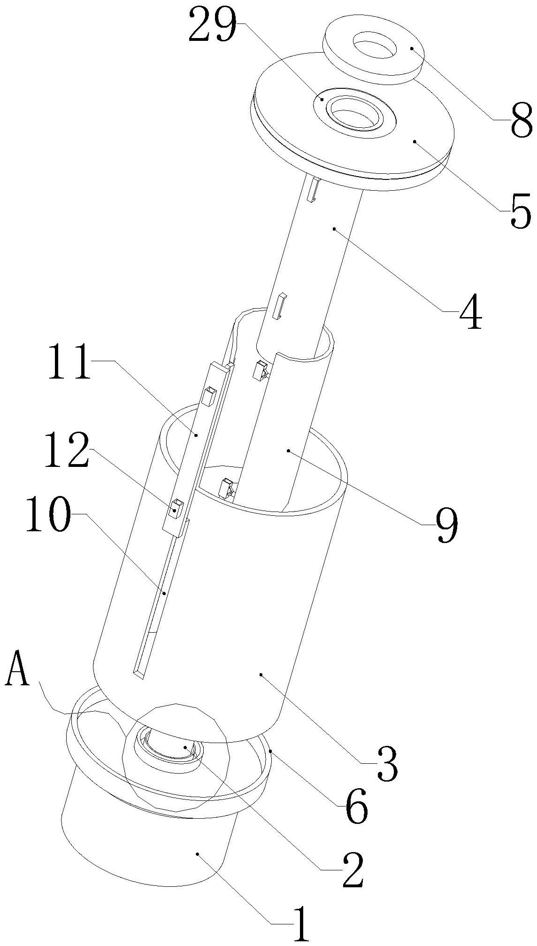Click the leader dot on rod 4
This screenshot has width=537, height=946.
tap(334, 229)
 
